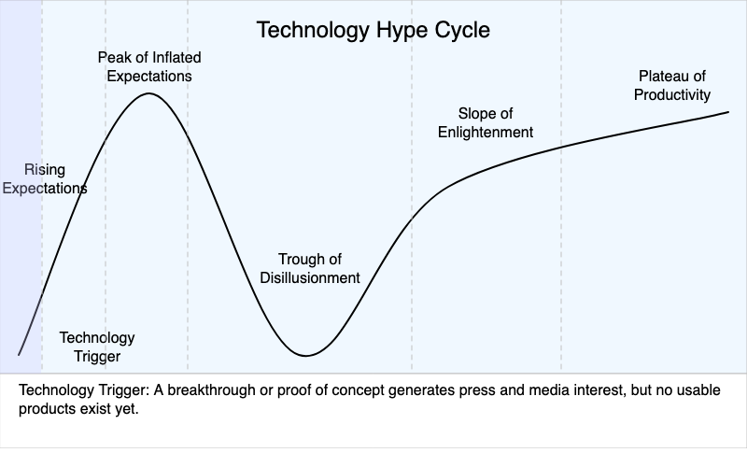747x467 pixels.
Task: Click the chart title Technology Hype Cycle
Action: coord(373,30)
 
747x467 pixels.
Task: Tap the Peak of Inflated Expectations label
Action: coord(149,66)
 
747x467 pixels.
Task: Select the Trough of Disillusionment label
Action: coord(318,268)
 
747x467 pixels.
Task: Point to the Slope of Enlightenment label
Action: coord(486,122)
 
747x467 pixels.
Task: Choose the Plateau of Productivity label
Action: coord(672,85)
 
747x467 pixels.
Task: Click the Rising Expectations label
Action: coord(44,178)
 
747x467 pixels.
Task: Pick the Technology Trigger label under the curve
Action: coord(97,347)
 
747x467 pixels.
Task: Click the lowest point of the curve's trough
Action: coord(305,356)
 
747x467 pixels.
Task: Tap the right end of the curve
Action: coord(727,112)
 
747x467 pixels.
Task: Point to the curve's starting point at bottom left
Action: coord(19,354)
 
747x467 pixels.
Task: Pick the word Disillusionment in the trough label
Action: coord(318,277)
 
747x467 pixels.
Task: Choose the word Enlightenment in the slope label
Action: coord(486,132)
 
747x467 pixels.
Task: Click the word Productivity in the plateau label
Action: coord(672,94)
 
